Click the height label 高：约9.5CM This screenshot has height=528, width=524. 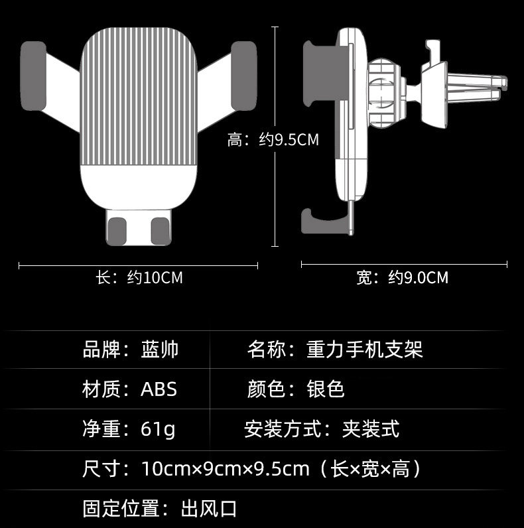(x=273, y=140)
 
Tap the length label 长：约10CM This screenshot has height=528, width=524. (x=139, y=277)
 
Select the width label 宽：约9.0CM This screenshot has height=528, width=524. (x=402, y=277)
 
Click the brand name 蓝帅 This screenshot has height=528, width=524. (x=160, y=350)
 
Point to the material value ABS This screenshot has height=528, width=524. (x=159, y=389)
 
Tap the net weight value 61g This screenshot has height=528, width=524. (x=159, y=430)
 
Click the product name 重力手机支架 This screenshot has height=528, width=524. (x=365, y=350)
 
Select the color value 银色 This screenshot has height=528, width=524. (x=326, y=389)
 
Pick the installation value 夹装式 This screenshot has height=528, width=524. (x=371, y=430)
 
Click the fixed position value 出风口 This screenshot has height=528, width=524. (x=209, y=509)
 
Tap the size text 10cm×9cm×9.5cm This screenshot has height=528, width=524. (x=226, y=470)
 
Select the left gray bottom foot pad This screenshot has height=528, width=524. (x=117, y=230)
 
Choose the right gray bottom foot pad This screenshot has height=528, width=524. (x=160, y=230)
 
